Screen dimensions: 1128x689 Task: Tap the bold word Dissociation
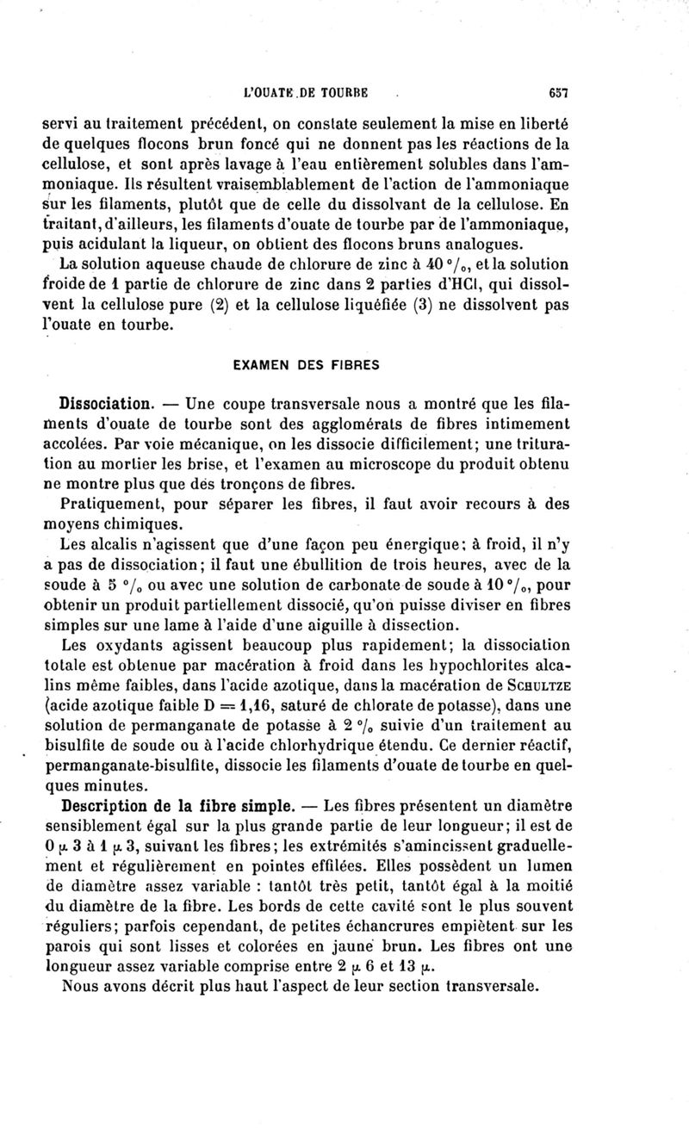click(106, 403)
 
